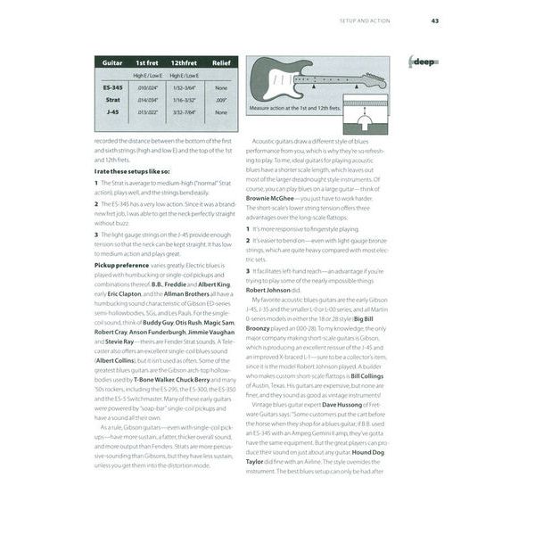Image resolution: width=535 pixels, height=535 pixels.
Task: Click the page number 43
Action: point(434,21)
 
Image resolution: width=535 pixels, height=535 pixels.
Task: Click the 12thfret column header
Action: point(184,64)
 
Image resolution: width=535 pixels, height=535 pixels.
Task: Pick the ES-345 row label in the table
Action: point(113,87)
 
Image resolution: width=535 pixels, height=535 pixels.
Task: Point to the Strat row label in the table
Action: point(113,101)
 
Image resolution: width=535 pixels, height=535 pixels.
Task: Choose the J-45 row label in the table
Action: point(113,112)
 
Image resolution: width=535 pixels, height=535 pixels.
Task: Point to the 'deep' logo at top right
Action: point(423,61)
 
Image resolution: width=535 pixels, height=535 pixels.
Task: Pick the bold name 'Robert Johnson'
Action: point(267,290)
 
